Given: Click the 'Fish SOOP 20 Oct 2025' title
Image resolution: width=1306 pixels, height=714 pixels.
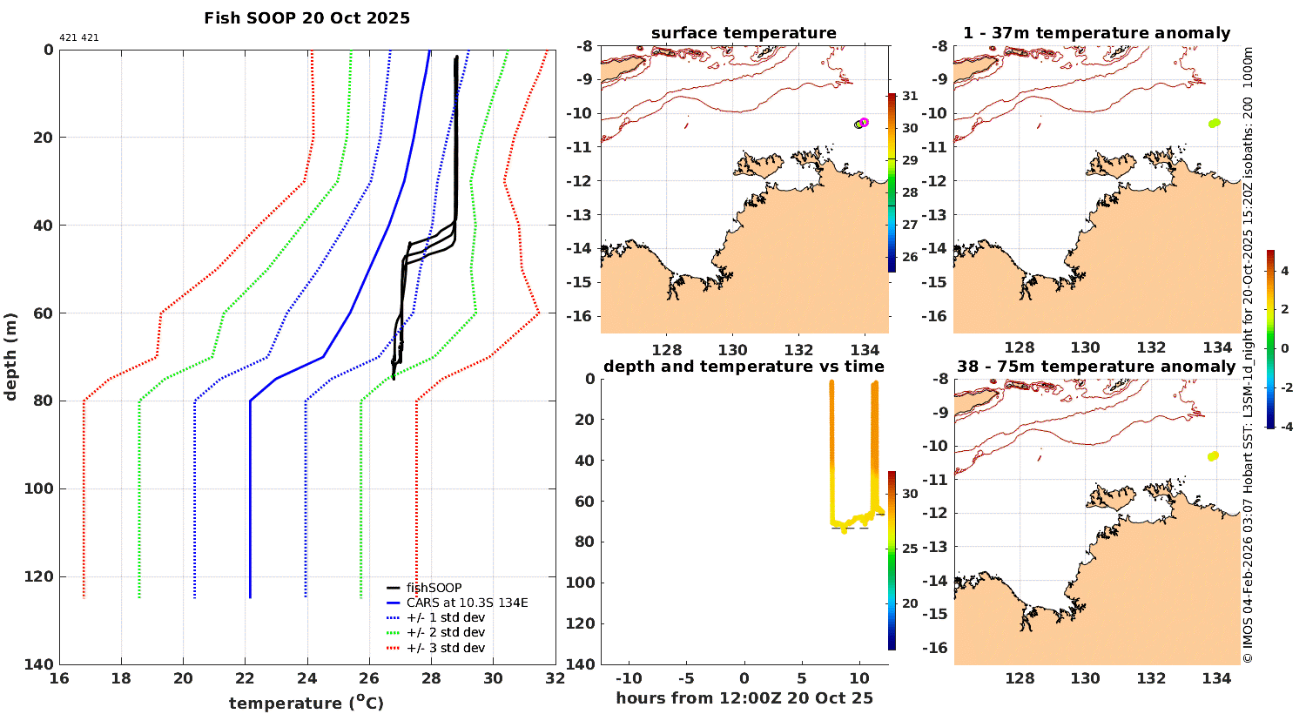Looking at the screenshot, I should click(306, 18).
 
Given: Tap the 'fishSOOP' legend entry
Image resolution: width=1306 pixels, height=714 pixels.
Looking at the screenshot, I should click(434, 588).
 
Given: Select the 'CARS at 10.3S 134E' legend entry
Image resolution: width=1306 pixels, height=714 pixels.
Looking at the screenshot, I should click(467, 603).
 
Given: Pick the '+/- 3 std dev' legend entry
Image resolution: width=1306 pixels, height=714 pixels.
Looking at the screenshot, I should click(445, 648).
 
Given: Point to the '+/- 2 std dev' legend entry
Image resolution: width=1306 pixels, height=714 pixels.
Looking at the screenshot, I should click(445, 632).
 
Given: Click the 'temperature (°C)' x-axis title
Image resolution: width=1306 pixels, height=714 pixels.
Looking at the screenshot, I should click(306, 703).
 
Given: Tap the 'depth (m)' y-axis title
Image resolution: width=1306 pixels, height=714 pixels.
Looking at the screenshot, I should click(11, 356).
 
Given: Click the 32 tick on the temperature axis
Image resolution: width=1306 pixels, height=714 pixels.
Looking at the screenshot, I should click(555, 679).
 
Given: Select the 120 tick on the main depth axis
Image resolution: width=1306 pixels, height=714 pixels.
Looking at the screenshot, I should click(39, 576).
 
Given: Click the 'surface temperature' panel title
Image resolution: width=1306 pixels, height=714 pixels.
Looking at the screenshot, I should click(744, 33).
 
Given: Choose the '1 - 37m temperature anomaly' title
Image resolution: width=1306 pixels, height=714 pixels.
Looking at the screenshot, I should click(1096, 33).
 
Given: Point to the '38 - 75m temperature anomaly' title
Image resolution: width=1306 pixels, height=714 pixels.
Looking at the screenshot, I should click(1096, 367).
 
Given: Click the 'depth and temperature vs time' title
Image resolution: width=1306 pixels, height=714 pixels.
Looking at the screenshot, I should click(744, 367).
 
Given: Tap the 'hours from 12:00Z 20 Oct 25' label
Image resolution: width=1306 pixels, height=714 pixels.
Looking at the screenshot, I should click(744, 697).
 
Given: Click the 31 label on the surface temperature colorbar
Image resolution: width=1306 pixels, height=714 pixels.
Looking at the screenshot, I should click(909, 96).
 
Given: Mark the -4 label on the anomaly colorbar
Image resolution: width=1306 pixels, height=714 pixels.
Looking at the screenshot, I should click(1284, 427).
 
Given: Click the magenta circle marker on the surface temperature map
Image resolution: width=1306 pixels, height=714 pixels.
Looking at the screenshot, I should click(864, 122).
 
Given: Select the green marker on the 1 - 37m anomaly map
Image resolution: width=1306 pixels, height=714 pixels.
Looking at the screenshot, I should click(1214, 123).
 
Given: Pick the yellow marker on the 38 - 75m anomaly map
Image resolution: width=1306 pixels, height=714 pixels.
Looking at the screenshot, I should click(1213, 455).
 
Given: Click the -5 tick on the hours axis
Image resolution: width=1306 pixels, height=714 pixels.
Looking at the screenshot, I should click(685, 678).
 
